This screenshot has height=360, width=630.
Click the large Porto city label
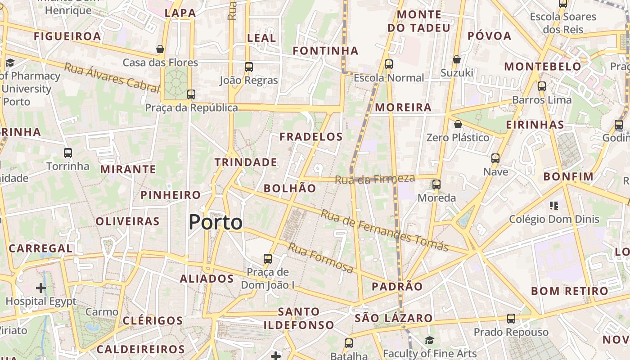(x=216, y=222)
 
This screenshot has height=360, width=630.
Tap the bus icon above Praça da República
(x=191, y=94)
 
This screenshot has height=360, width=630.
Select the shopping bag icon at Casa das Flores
(x=160, y=49)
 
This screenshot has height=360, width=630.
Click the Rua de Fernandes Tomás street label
(x=384, y=230)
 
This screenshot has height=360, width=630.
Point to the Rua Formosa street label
(x=320, y=257)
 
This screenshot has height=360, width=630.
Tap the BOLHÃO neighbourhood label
(x=290, y=188)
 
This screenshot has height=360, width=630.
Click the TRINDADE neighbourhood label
(x=246, y=162)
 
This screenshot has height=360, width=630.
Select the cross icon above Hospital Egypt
(x=41, y=288)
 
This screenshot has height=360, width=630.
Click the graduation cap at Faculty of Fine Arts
(x=429, y=341)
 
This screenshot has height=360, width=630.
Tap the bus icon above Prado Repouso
(x=511, y=319)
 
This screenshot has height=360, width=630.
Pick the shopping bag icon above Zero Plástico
(x=458, y=124)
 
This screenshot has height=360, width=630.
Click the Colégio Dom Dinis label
(x=554, y=219)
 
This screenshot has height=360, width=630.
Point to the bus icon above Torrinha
(x=68, y=153)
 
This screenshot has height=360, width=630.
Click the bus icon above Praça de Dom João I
(x=268, y=259)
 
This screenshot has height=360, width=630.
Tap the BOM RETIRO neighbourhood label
(x=569, y=291)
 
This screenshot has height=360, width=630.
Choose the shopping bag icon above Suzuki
(x=457, y=59)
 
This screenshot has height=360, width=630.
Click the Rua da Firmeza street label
(x=374, y=179)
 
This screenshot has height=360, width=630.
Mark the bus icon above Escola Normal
(x=389, y=64)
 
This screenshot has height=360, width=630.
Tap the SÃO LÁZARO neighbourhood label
(x=393, y=318)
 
